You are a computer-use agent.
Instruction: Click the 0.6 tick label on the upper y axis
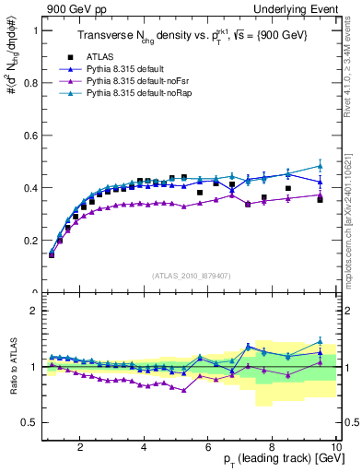[x=29, y=135]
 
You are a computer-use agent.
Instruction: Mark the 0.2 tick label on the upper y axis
[x=29, y=241]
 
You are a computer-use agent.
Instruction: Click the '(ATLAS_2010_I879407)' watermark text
[x=191, y=275]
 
